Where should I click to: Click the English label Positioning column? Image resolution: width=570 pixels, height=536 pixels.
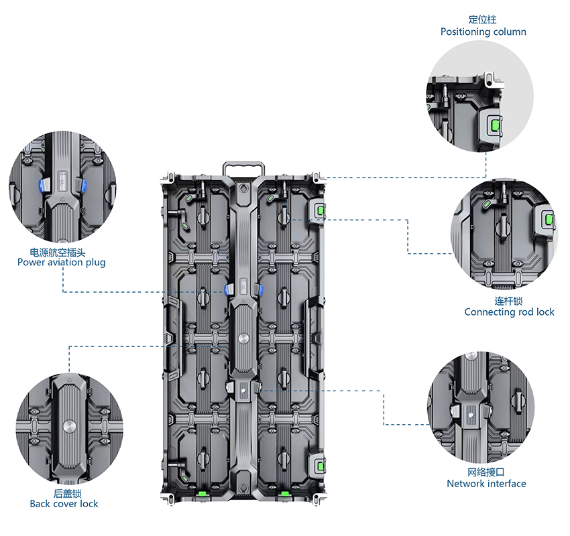click(x=483, y=31)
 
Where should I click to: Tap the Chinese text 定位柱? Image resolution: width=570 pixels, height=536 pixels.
click(x=483, y=19)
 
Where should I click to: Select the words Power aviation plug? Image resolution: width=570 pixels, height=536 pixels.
click(x=61, y=263)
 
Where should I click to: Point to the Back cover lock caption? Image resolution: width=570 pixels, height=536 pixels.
click(x=64, y=504)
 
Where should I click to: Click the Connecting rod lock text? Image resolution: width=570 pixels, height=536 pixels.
click(x=509, y=312)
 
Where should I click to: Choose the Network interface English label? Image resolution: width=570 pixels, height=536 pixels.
click(x=486, y=484)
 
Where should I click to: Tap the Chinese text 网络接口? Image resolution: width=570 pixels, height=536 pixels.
click(x=486, y=472)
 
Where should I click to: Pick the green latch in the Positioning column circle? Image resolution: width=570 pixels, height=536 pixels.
click(x=496, y=125)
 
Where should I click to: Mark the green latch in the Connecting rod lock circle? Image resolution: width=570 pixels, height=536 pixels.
click(x=550, y=220)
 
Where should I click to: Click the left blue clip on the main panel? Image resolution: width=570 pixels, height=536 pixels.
click(x=228, y=289)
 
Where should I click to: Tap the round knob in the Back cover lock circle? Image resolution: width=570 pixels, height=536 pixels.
click(x=69, y=427)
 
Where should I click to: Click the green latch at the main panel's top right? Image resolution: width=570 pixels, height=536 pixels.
click(x=320, y=210)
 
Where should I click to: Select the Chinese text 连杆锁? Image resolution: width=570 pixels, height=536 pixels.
click(x=509, y=301)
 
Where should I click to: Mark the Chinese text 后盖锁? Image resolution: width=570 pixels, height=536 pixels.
click(x=64, y=492)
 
